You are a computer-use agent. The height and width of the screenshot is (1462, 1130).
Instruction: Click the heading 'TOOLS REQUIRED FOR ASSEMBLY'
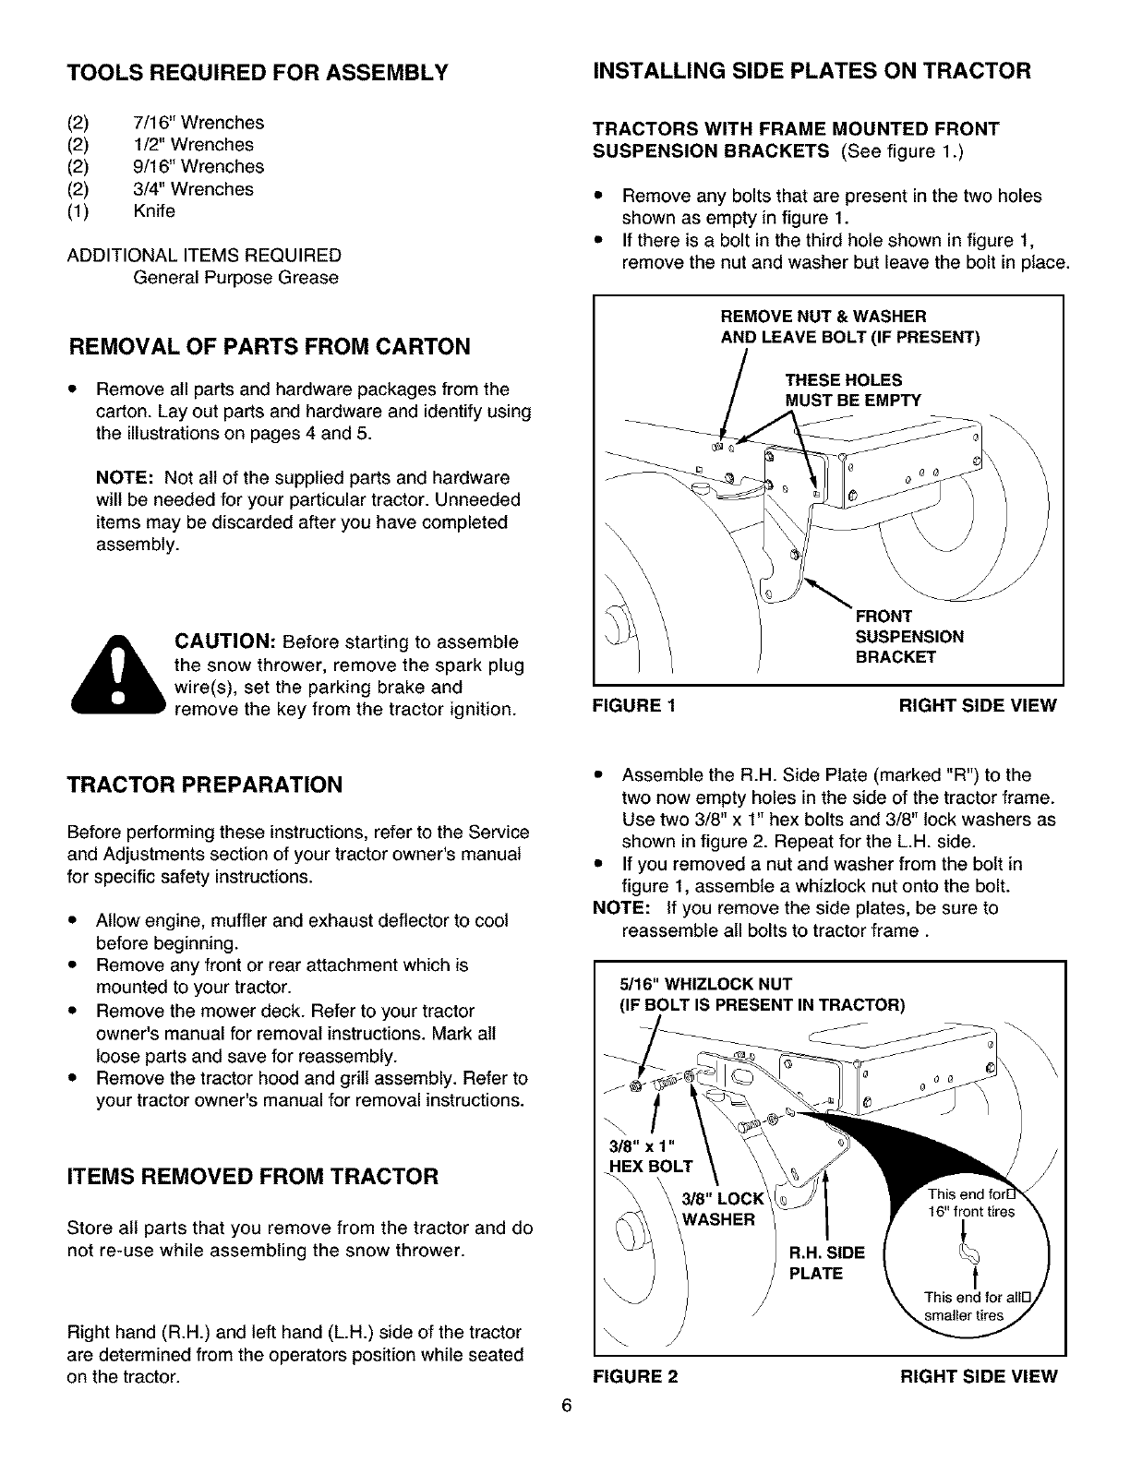[258, 72]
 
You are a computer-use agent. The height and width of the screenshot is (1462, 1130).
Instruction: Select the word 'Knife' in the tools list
[154, 211]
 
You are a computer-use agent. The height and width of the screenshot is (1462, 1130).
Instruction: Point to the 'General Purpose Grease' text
[235, 278]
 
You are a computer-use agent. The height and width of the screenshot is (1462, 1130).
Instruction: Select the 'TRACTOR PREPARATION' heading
[205, 785]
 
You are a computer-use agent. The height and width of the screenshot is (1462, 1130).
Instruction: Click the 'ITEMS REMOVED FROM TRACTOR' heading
[253, 1177]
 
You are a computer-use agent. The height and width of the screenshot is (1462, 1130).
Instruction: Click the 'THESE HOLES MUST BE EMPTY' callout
[852, 389]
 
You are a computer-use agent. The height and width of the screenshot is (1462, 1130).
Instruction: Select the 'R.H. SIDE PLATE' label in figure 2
[826, 1264]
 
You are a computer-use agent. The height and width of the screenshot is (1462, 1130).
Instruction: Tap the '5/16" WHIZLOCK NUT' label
[705, 984]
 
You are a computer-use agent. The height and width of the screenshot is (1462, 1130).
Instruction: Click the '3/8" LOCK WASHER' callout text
[722, 1209]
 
